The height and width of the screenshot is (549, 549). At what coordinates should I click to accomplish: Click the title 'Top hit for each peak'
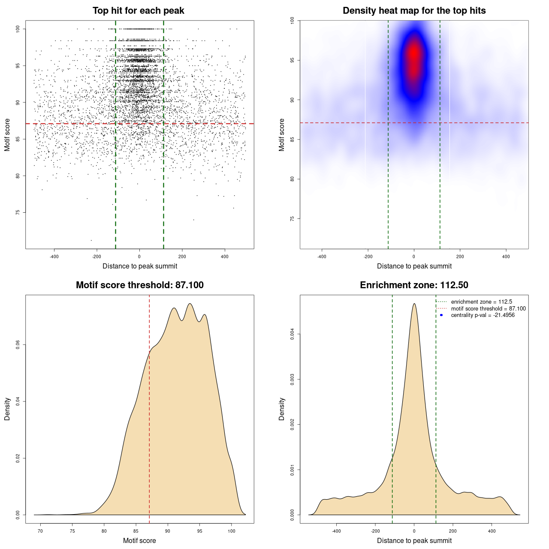pos(138,11)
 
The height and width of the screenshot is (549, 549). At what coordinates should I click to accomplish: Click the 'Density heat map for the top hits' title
pos(414,11)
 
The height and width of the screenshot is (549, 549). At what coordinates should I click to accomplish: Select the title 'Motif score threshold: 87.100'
pos(139,285)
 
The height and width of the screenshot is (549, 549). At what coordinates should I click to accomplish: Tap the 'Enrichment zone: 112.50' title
pos(414,285)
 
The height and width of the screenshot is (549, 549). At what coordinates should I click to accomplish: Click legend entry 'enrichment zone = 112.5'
pos(481,302)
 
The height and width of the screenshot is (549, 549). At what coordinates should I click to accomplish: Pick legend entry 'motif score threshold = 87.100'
pos(488,308)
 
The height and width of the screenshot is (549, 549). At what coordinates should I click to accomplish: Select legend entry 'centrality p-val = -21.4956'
pos(483,315)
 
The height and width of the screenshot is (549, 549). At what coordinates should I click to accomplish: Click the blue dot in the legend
pos(441,315)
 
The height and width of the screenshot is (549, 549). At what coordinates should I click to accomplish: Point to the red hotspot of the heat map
pos(413,54)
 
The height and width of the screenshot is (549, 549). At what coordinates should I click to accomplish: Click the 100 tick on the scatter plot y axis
pos(18,29)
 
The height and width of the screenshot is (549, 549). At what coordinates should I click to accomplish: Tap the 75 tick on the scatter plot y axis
pos(18,212)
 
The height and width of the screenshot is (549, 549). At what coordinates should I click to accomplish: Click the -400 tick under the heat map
pos(322,257)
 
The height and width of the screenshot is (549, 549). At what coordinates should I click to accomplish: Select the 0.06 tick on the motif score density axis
pos(18,345)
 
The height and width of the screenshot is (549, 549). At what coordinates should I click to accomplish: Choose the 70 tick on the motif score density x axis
pos(40,531)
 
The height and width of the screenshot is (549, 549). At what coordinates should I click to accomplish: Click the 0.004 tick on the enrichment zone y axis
pos(293,334)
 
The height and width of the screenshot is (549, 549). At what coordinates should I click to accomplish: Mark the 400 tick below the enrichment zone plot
pos(492,531)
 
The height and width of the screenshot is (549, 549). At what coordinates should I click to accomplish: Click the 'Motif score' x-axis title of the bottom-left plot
pos(139,540)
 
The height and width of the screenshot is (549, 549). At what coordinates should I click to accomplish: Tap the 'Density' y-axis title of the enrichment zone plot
pos(282,409)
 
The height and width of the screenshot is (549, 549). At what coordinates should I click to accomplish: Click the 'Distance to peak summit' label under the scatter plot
pos(140,266)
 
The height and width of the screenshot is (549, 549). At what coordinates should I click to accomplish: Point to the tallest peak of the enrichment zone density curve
pos(414,304)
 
